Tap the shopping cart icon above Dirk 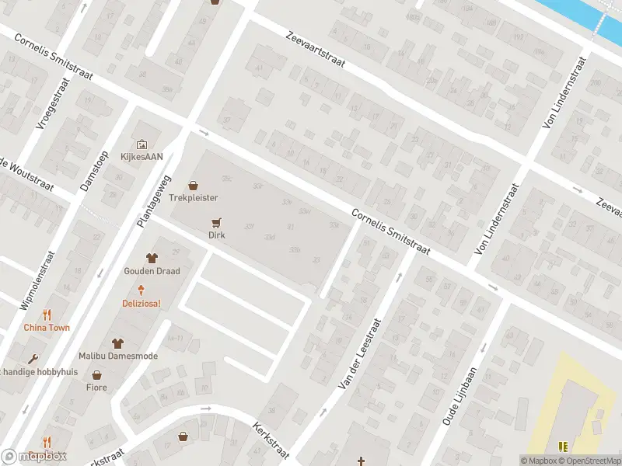216,221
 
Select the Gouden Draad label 152,271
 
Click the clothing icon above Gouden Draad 152,258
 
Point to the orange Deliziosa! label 141,303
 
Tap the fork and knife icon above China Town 47,315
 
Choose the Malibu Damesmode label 117,356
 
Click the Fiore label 96,387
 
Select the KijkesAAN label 142,156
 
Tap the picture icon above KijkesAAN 142,144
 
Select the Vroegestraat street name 55,103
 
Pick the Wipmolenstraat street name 38,280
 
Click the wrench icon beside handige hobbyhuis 33,359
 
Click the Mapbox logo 33,457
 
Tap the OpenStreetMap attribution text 590,461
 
